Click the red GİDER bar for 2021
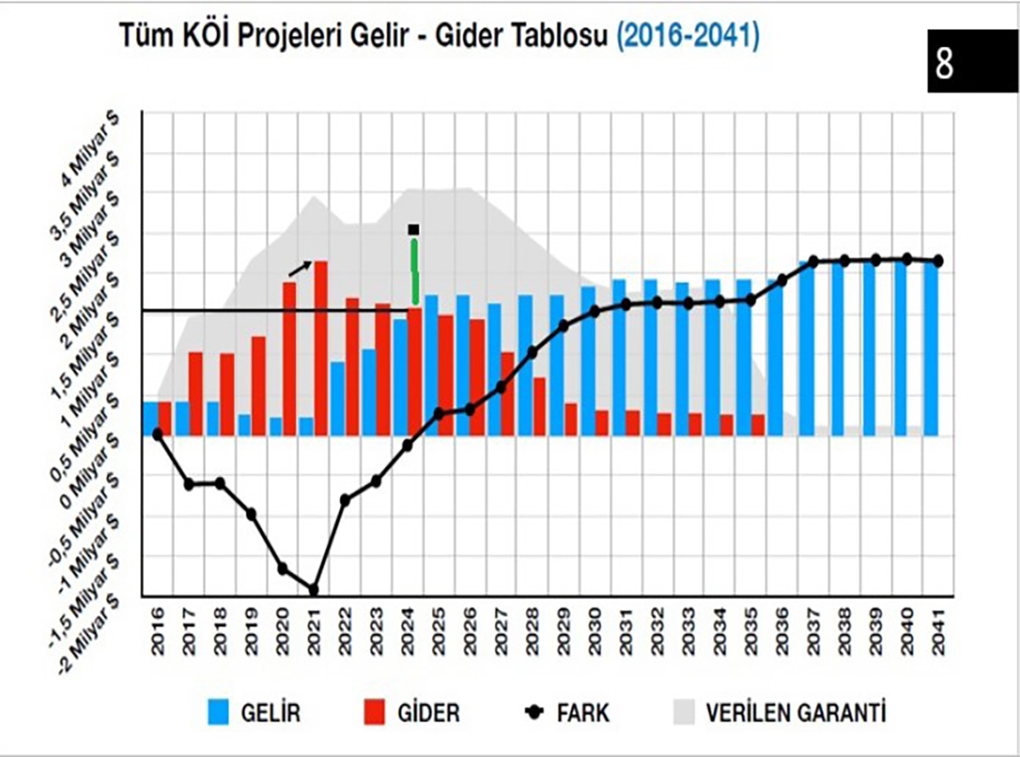click(x=321, y=348)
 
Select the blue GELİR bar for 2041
click(x=931, y=348)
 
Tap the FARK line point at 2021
click(x=313, y=590)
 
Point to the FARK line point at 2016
click(x=157, y=434)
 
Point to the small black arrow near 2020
click(x=300, y=268)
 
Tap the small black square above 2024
click(x=414, y=229)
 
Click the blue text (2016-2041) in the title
click(x=688, y=37)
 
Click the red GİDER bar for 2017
click(x=195, y=393)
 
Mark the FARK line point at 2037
click(x=813, y=262)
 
